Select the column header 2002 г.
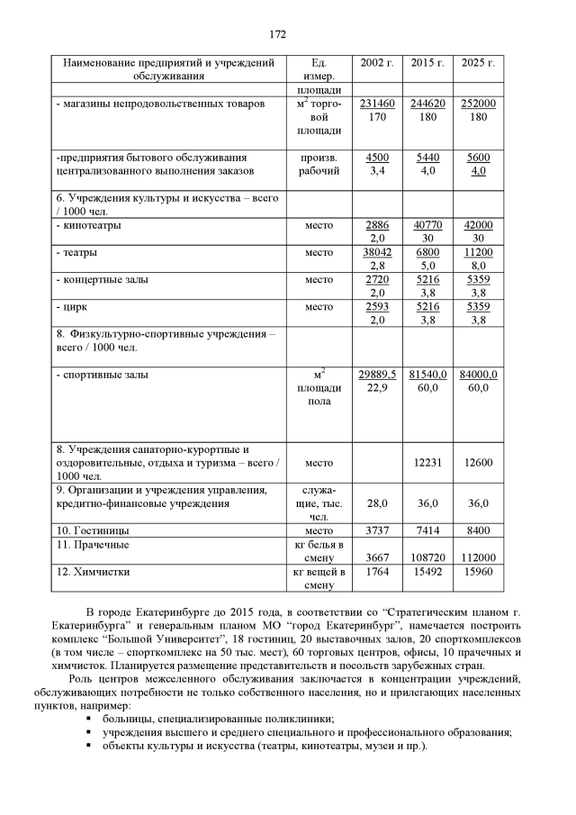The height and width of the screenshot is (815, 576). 377,63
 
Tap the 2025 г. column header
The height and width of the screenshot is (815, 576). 478,63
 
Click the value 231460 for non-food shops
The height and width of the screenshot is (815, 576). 377,104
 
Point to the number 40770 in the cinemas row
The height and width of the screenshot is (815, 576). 427,225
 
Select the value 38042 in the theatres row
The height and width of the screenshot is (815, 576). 377,253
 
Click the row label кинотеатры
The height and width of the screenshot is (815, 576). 91,225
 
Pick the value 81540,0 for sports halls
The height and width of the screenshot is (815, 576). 427,374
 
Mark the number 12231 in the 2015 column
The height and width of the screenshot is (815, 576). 427,463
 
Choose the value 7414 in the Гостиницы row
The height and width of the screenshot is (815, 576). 427,531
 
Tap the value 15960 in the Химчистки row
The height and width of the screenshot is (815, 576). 478,572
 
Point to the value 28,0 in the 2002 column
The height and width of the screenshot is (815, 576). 377,503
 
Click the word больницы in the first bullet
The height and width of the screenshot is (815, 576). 127,719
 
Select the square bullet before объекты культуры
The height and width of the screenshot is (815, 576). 91,747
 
